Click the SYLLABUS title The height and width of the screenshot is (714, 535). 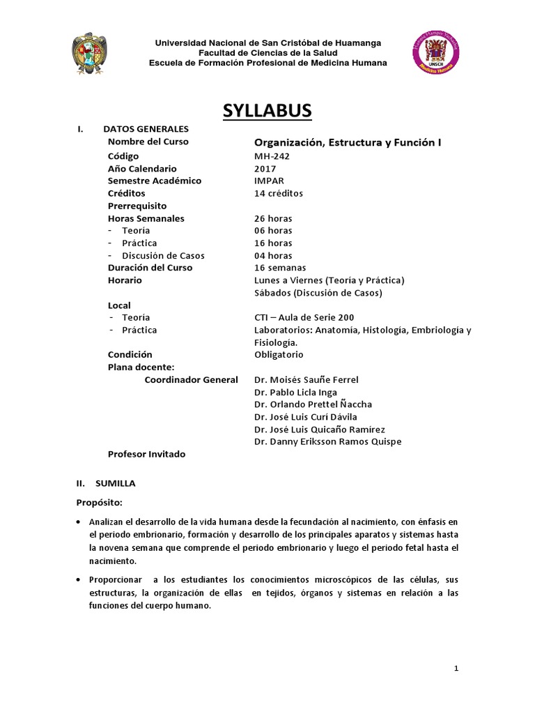(x=267, y=111)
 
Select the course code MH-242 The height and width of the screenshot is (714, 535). (x=272, y=156)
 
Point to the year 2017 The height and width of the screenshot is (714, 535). (x=265, y=169)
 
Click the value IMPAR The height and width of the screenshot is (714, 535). (x=269, y=181)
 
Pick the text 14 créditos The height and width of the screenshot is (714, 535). (x=279, y=193)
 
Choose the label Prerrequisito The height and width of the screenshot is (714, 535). (x=137, y=206)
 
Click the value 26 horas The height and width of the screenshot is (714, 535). (x=273, y=218)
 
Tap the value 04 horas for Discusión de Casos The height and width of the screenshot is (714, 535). (x=273, y=255)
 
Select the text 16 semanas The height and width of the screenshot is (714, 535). (x=280, y=268)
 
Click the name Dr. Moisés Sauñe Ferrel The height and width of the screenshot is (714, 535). (x=307, y=380)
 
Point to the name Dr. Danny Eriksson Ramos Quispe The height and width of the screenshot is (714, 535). (x=327, y=441)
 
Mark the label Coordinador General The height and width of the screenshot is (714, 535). (x=191, y=380)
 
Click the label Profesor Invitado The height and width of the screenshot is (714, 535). (x=146, y=454)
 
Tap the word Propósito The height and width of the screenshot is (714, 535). (x=99, y=502)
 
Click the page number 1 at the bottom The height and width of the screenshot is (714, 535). (x=456, y=669)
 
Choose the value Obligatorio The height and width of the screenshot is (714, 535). (x=279, y=354)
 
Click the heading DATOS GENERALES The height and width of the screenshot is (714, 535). (x=146, y=129)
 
